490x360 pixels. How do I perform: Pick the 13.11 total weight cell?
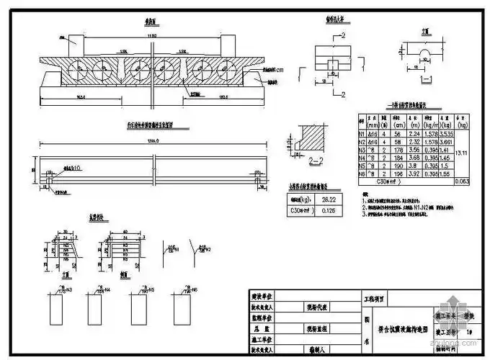(463, 153)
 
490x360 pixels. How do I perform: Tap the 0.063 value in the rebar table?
(463, 183)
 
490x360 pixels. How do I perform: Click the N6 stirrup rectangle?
(179, 310)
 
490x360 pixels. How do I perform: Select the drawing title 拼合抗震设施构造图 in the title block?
(396, 328)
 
